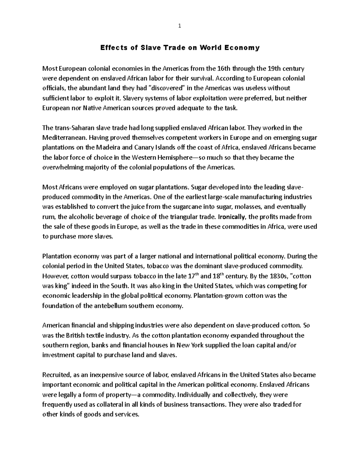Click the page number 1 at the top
(180, 26)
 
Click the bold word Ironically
(232, 217)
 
